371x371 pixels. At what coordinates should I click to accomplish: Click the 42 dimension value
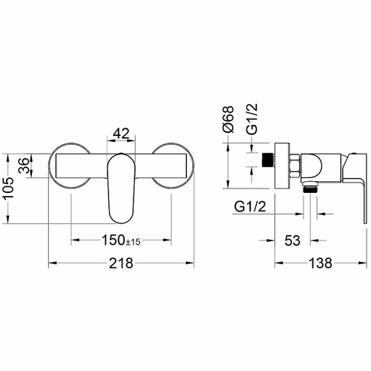point(121,134)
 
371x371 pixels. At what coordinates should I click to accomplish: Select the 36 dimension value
point(24,165)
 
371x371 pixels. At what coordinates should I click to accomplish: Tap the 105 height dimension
point(9,187)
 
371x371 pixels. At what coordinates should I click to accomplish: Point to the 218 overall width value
point(121,263)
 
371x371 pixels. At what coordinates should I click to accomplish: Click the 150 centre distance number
point(113,240)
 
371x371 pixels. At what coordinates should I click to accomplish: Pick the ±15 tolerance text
point(133,242)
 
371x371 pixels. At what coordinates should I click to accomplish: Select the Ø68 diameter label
point(228,119)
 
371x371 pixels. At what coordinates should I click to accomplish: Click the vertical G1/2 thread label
point(252,119)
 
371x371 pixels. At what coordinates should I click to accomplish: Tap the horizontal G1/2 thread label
point(250,206)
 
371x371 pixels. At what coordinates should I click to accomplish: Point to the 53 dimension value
point(292,240)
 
